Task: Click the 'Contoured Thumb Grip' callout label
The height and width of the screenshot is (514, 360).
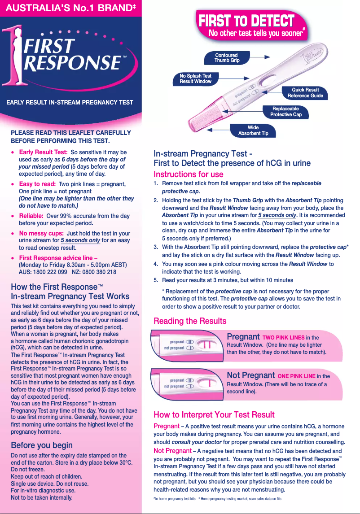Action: coord(227,57)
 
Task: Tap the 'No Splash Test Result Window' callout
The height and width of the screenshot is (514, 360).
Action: coord(195,78)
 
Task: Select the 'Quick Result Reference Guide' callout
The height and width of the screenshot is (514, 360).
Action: coord(305,93)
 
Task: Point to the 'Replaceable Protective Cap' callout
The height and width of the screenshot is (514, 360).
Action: coord(285,112)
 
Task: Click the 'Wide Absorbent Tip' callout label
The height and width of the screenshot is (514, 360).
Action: coord(253,131)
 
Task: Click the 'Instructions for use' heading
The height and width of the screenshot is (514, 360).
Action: coord(188,174)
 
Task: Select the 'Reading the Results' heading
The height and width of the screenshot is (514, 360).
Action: coord(190,321)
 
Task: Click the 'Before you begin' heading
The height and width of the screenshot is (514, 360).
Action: coord(42,445)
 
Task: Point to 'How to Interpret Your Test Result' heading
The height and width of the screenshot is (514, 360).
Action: coord(214,414)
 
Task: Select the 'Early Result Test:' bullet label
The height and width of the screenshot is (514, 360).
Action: coord(44,152)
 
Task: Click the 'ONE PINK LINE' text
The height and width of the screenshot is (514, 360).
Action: coord(297,376)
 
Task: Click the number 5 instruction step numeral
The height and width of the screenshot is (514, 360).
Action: coord(155,280)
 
